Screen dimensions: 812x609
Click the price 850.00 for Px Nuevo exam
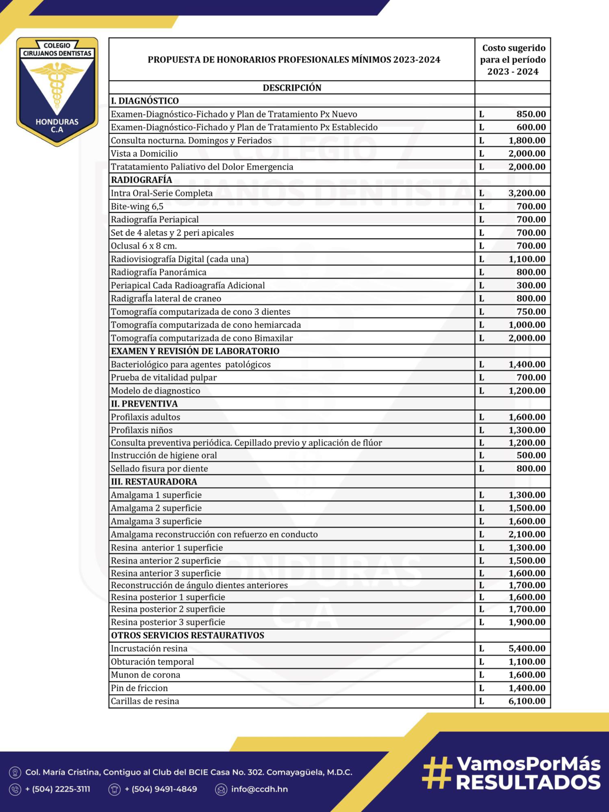click(531, 114)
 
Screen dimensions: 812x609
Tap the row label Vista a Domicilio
click(144, 153)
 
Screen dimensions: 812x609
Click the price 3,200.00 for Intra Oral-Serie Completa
click(527, 193)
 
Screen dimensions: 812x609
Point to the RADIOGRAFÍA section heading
click(141, 180)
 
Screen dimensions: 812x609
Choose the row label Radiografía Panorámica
click(159, 272)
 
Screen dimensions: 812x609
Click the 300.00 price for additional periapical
click(531, 285)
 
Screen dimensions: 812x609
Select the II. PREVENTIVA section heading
click(144, 404)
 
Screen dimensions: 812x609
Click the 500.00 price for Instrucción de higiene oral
click(531, 455)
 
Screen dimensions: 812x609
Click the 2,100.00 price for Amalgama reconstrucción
click(527, 534)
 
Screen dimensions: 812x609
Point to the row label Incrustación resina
click(149, 648)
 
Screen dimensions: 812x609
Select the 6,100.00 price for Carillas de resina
click(527, 701)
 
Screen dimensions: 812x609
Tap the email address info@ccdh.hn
click(259, 789)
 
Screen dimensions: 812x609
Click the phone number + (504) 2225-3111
click(58, 789)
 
